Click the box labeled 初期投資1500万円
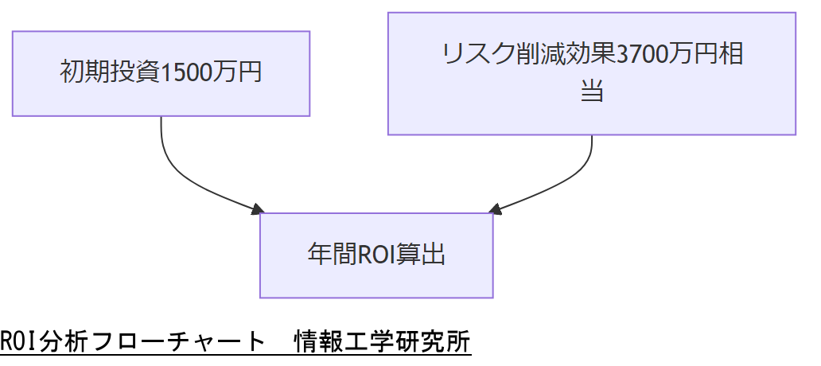(161, 73)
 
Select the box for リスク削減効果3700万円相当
(591, 73)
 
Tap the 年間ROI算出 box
(376, 255)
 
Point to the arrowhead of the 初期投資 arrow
(256, 210)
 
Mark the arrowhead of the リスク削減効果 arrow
(495, 210)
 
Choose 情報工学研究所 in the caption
(382, 341)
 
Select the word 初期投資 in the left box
(111, 73)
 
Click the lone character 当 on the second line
(591, 91)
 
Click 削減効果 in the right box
(565, 55)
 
